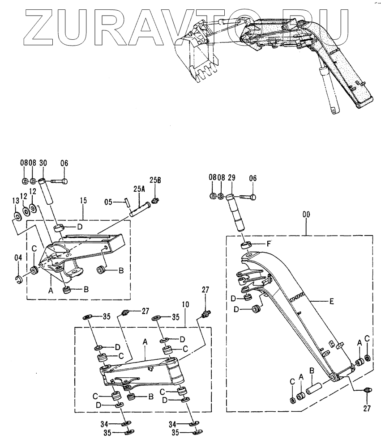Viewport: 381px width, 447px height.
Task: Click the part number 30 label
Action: point(43,163)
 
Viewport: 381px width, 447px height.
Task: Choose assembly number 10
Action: point(186,304)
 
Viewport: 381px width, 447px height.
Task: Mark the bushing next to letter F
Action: point(245,245)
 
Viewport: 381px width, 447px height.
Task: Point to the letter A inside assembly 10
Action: point(145,341)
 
